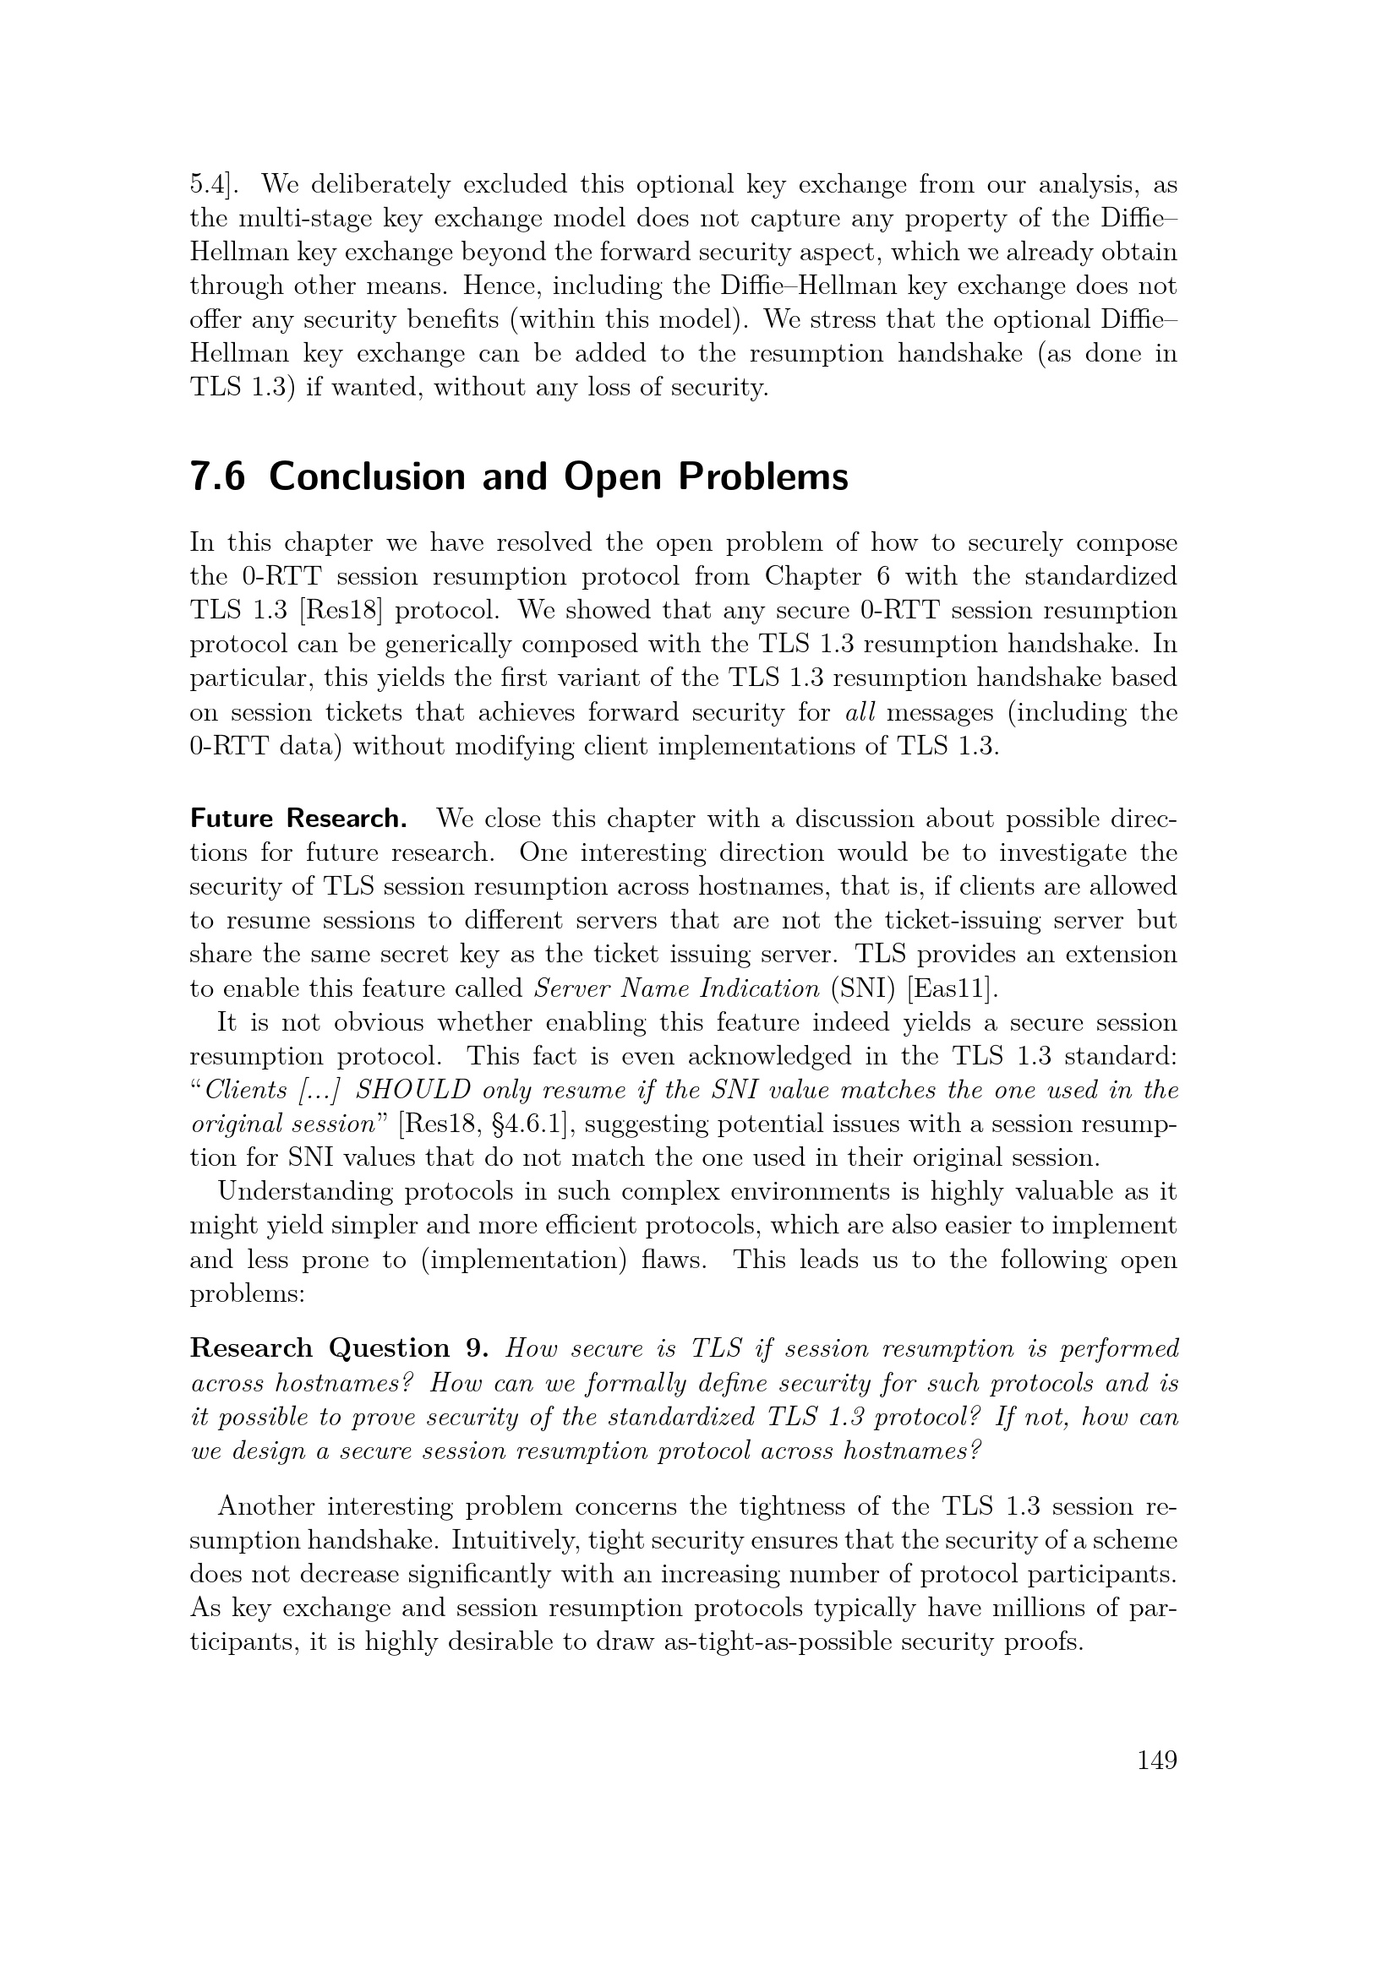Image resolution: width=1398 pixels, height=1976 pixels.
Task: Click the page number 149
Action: coord(1156,1761)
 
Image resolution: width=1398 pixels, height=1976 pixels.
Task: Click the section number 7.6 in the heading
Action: coord(217,476)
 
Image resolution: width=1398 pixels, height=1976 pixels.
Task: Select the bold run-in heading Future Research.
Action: coord(298,819)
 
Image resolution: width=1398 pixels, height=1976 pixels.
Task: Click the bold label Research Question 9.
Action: coord(339,1347)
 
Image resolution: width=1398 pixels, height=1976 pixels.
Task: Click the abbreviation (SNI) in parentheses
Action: coord(864,988)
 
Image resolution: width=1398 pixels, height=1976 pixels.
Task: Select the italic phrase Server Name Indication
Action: coord(677,988)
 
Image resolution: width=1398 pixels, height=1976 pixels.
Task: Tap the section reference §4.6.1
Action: coord(518,1124)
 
